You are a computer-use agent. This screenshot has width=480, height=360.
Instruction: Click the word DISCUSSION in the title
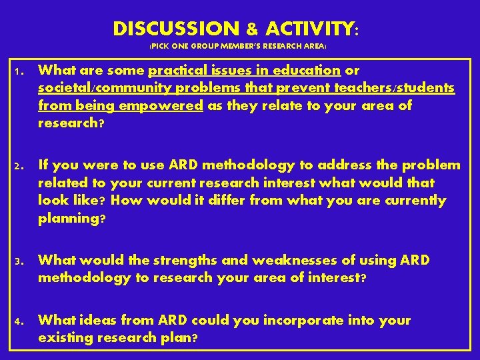point(175,29)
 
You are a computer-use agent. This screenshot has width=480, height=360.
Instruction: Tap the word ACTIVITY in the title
point(310,29)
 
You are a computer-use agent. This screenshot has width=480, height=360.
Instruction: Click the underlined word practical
point(177,70)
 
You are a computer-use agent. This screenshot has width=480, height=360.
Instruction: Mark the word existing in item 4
point(65,337)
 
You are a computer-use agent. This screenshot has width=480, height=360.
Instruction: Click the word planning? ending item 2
point(71,218)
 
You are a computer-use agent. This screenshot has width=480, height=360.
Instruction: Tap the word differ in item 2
point(224,200)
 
